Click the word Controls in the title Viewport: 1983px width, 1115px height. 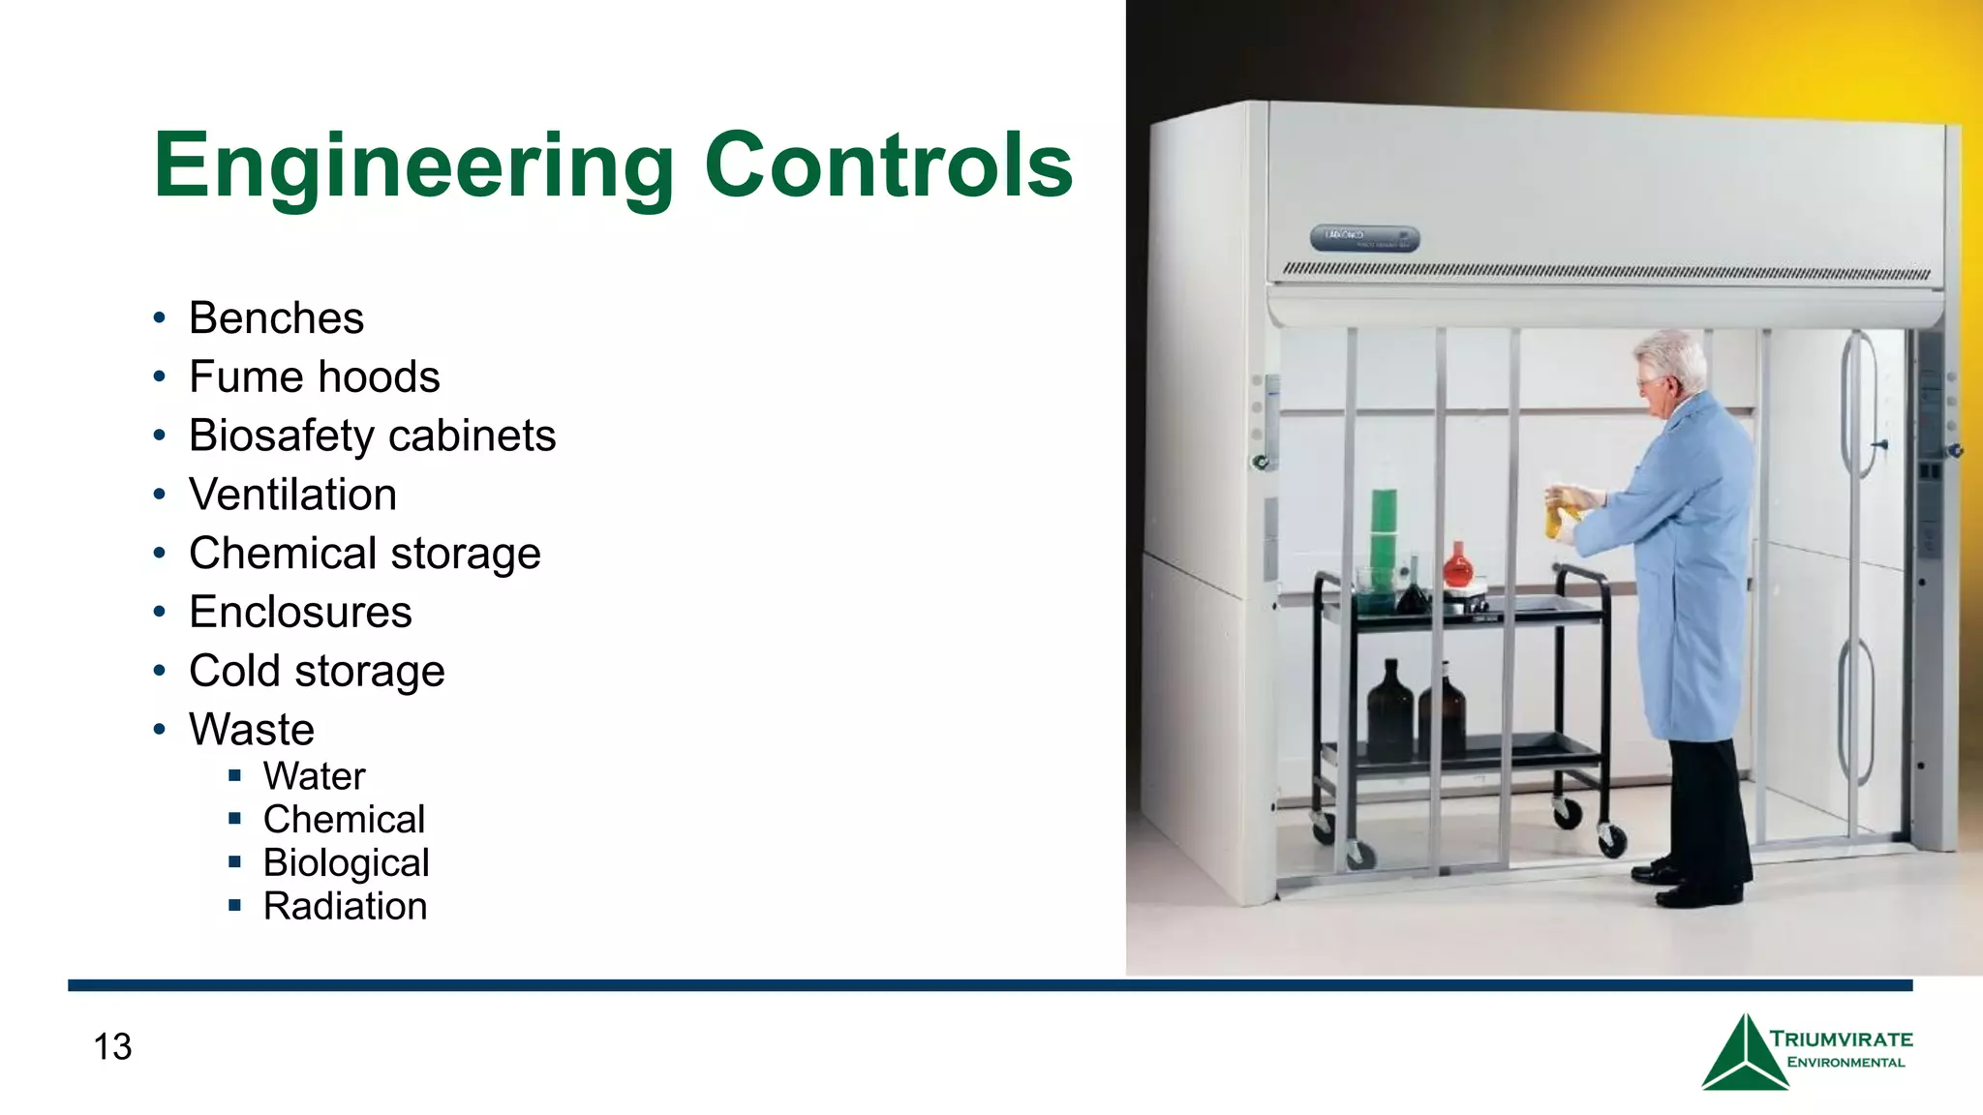click(x=889, y=166)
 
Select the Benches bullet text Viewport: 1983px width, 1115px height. click(x=276, y=318)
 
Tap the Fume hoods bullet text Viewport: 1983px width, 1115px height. click(x=314, y=377)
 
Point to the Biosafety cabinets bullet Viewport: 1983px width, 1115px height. click(x=372, y=437)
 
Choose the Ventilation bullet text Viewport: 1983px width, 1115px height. click(x=292, y=495)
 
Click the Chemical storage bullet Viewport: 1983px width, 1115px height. click(x=364, y=554)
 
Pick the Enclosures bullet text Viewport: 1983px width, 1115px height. click(x=300, y=613)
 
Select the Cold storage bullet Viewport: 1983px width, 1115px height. click(x=317, y=672)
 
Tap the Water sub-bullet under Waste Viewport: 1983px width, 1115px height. click(x=314, y=776)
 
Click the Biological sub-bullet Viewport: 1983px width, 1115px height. click(x=346, y=863)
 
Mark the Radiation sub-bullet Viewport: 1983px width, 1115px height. click(x=345, y=907)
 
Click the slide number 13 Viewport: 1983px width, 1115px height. click(x=112, y=1046)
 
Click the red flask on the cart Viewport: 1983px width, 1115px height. click(x=1457, y=565)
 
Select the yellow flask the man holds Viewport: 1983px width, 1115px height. click(x=1555, y=514)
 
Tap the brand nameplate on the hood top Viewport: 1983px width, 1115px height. click(x=1364, y=238)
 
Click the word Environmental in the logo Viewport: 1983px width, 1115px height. click(x=1846, y=1063)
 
